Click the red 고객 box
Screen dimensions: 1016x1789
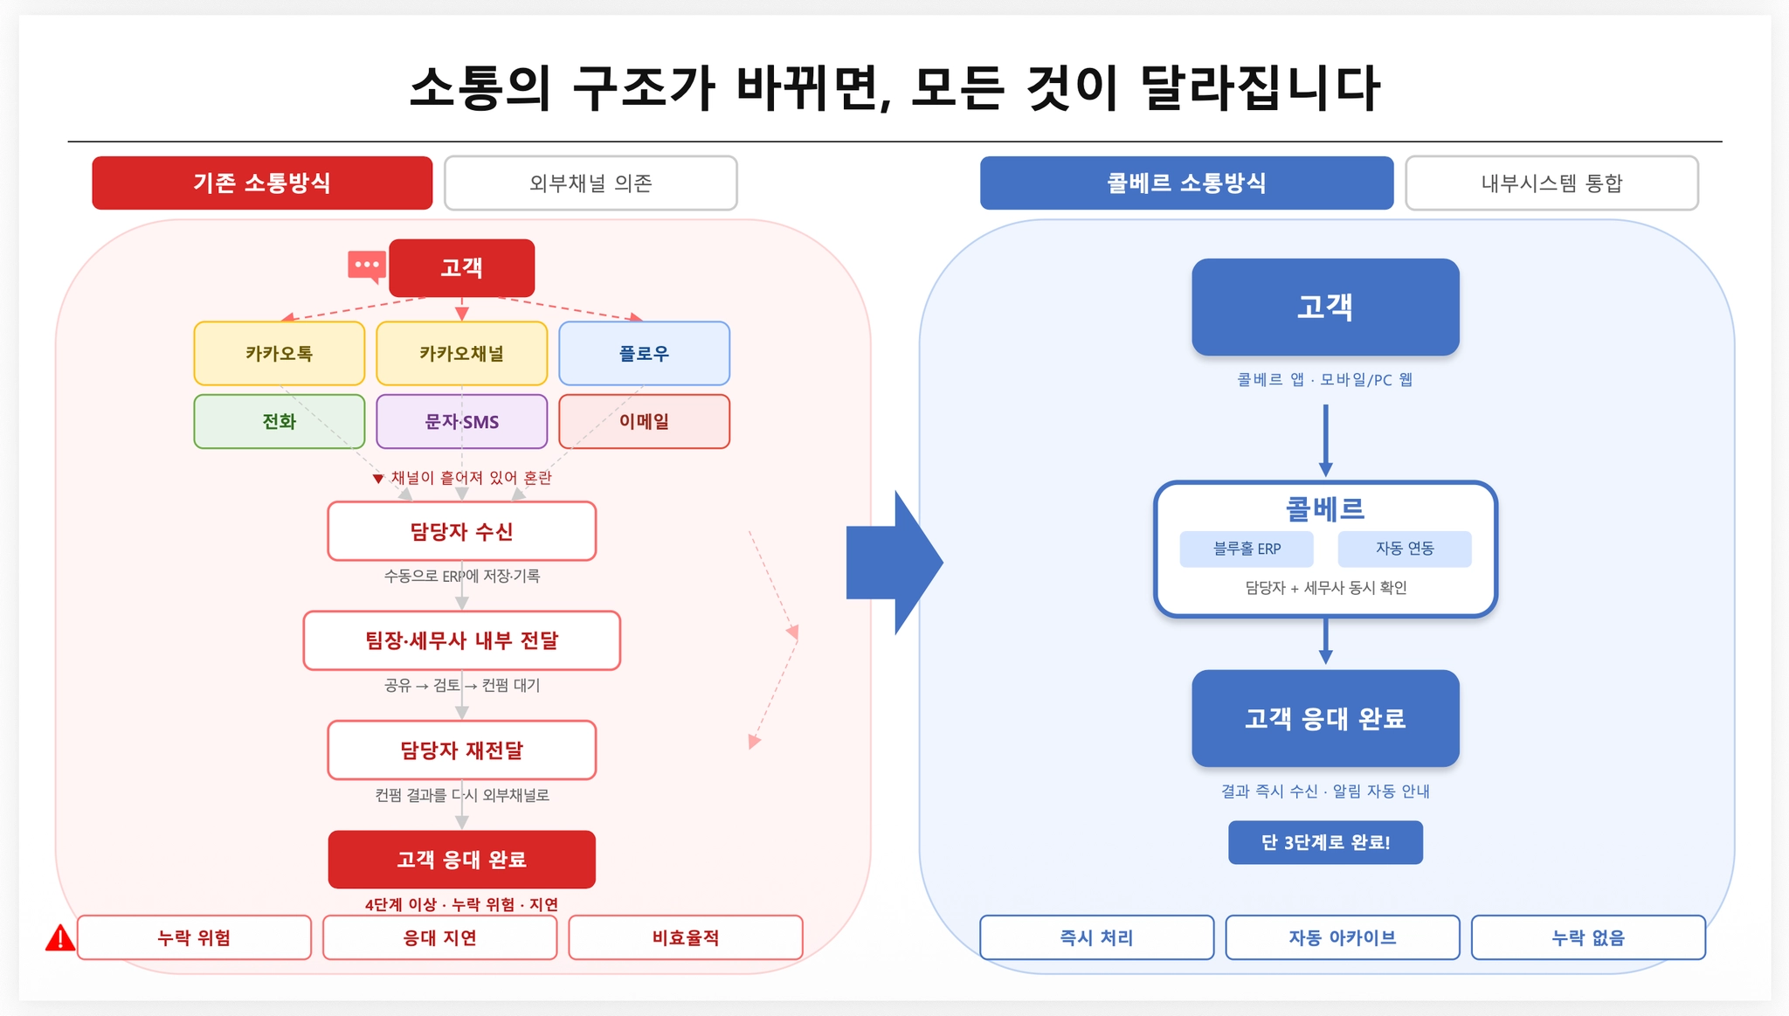(x=461, y=267)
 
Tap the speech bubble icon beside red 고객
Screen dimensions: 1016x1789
(x=367, y=266)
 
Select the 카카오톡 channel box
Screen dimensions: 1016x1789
(x=279, y=353)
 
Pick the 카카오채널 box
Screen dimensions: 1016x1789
(x=461, y=353)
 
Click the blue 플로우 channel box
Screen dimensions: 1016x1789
(x=644, y=353)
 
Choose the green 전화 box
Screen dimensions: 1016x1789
(x=279, y=421)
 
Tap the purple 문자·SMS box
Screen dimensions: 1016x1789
(x=461, y=421)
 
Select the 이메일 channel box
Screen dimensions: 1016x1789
(x=644, y=421)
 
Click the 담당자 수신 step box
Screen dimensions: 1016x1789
(x=461, y=531)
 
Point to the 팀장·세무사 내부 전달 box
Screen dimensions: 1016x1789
(x=461, y=640)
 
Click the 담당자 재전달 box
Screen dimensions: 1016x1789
(x=461, y=750)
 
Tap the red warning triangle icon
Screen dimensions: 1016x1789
(x=59, y=938)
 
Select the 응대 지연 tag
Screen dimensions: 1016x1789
(x=439, y=937)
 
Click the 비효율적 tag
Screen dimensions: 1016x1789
(x=685, y=937)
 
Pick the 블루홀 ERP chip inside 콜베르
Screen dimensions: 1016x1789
(x=1246, y=549)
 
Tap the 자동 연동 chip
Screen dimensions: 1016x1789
(x=1404, y=549)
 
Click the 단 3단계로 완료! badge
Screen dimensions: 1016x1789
(x=1325, y=842)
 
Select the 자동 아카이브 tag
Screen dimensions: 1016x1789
(x=1342, y=937)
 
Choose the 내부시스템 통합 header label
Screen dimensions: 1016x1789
(x=1551, y=183)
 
